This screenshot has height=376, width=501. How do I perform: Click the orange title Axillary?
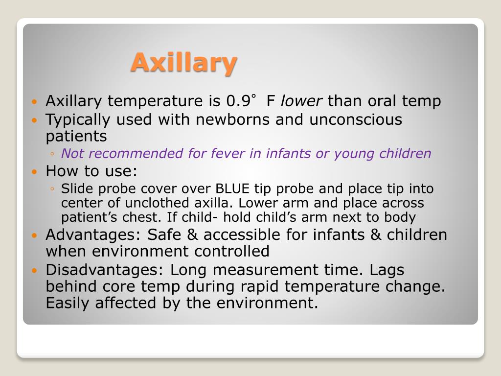184,63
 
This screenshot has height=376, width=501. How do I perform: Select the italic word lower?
301,101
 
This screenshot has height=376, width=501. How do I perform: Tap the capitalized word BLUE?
232,188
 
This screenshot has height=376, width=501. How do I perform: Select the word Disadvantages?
105,270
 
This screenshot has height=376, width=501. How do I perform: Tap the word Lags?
387,270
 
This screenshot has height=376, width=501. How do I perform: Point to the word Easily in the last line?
68,303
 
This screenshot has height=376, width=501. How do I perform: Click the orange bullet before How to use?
34,172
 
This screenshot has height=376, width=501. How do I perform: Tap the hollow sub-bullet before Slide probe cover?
52,189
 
